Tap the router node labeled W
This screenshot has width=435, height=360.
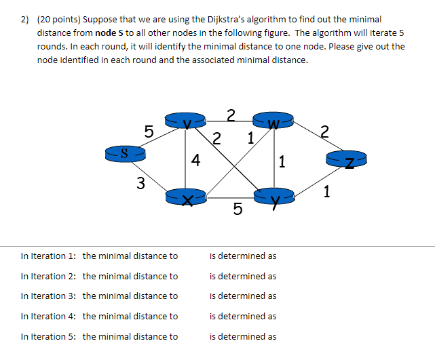(x=273, y=121)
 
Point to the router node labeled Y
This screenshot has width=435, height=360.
(x=273, y=197)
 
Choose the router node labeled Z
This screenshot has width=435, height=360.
(x=347, y=160)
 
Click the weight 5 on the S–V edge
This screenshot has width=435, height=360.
(x=149, y=130)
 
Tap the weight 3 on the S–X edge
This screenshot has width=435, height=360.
(x=140, y=182)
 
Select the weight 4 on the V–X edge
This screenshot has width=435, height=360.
(x=195, y=161)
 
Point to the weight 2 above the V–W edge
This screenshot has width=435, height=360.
(x=231, y=114)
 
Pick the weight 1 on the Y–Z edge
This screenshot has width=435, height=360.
(x=327, y=192)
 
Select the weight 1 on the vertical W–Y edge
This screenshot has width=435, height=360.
(x=282, y=161)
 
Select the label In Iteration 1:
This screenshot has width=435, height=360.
(x=48, y=256)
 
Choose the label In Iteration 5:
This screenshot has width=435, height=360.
(x=48, y=336)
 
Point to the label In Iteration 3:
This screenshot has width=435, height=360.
(x=48, y=296)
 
